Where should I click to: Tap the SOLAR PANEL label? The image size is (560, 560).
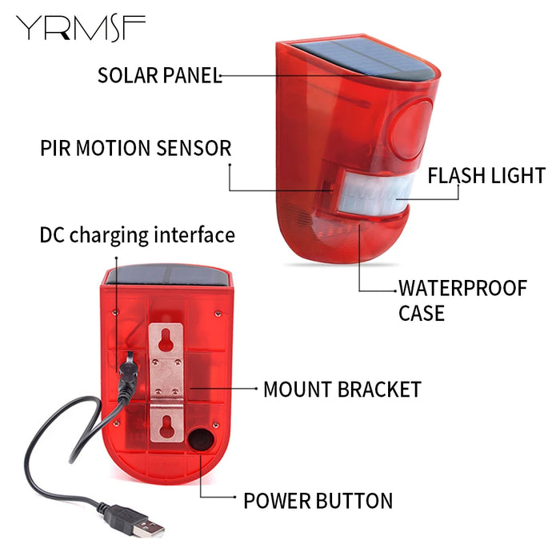[x=158, y=75]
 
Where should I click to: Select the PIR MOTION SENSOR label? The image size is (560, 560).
[x=135, y=148]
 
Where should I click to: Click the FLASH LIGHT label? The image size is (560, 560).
[x=486, y=176]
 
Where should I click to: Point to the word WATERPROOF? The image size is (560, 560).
[x=463, y=288]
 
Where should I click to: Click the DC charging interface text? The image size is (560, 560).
[x=138, y=235]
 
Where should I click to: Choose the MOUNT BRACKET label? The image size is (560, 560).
[x=342, y=390]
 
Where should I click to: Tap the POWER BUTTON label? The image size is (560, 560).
[x=318, y=502]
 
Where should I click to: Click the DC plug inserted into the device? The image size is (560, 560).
[x=126, y=376]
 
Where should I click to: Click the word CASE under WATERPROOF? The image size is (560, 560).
[x=422, y=313]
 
